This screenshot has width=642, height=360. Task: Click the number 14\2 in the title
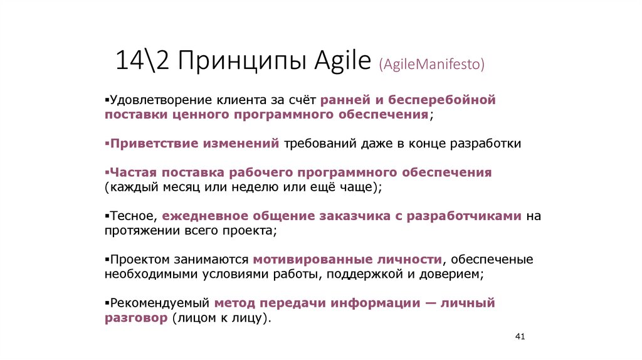140,62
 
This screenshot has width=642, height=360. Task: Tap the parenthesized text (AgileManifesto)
431,64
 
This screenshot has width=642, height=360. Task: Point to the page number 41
519,337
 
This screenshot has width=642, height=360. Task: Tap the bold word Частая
133,172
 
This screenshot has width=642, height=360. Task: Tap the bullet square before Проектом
107,260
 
